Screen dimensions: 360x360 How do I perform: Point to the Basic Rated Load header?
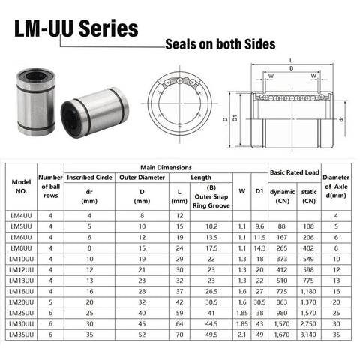(x=294, y=173)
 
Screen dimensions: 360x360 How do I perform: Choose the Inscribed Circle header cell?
(x=90, y=178)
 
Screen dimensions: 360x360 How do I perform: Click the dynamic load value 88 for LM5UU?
(x=282, y=226)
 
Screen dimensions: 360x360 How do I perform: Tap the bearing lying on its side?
(x=94, y=112)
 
